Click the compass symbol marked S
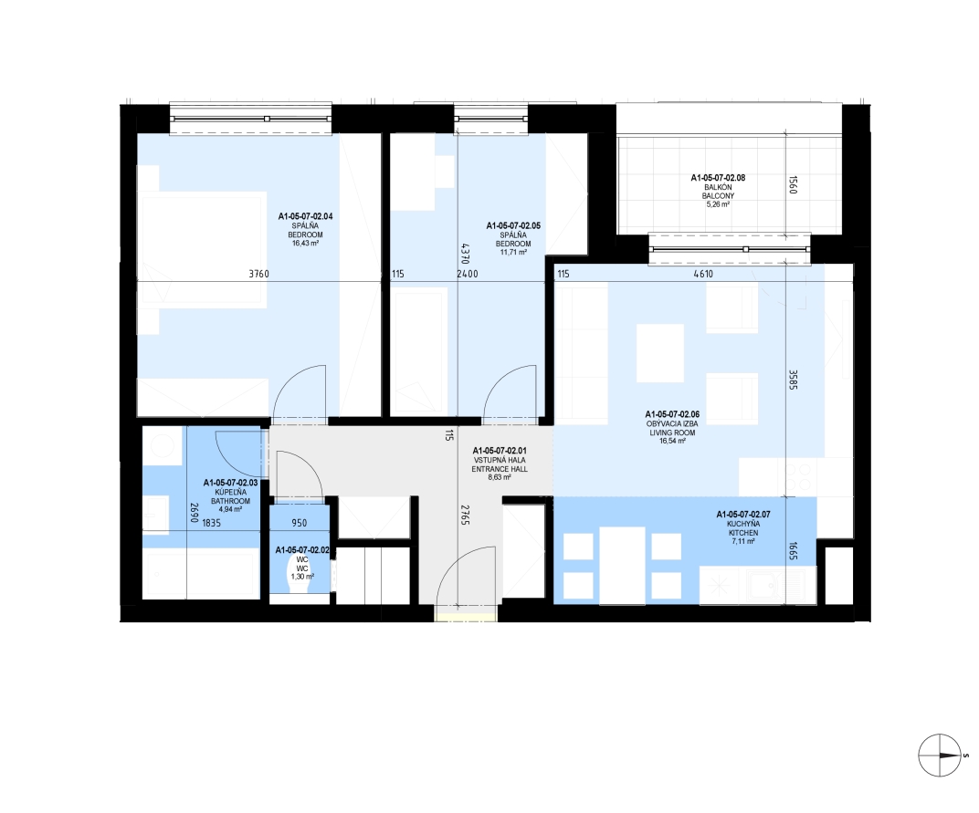[940, 756]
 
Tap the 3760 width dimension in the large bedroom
[258, 274]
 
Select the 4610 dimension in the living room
[703, 274]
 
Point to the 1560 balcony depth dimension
[793, 184]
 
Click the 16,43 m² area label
[305, 244]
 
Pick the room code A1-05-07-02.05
[513, 226]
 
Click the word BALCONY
[718, 196]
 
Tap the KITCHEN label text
[743, 533]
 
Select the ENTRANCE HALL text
[500, 469]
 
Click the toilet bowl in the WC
[302, 569]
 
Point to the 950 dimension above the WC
[299, 523]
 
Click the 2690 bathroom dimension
[195, 513]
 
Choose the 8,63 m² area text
[500, 477]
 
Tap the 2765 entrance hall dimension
[465, 516]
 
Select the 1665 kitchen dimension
[793, 550]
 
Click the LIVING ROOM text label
[672, 433]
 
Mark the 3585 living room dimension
[793, 380]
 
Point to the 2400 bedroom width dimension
[467, 274]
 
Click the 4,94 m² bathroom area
[230, 509]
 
